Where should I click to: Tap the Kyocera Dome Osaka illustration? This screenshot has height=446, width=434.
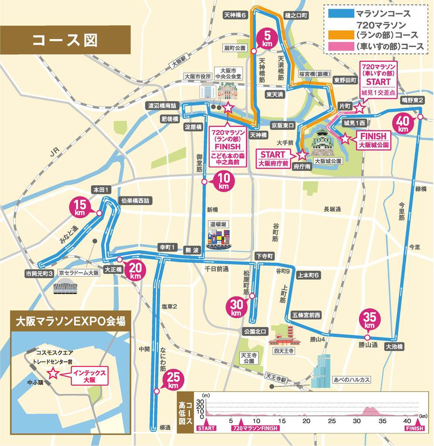click(65, 287)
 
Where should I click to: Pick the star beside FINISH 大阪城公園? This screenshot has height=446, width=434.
click(345, 139)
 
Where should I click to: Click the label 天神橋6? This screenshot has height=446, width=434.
click(235, 14)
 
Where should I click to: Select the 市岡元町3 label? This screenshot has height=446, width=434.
click(39, 273)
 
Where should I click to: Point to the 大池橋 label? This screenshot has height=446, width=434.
click(394, 347)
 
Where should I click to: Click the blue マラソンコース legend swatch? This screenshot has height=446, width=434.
click(340, 14)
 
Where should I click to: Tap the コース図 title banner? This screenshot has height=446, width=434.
click(65, 40)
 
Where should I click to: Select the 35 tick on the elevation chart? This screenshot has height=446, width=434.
click(382, 421)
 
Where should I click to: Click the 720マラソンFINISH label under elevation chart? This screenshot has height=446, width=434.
click(255, 429)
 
